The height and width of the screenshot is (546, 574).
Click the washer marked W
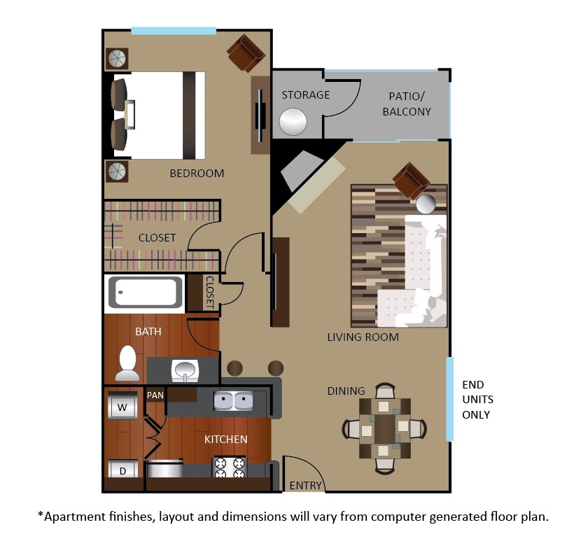(x=122, y=406)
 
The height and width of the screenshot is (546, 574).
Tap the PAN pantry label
(x=155, y=395)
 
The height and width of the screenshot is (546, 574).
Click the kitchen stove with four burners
(x=230, y=468)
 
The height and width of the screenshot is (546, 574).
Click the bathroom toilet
(x=127, y=360)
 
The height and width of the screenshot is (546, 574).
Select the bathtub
(x=146, y=293)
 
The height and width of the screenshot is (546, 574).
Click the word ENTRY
(x=306, y=485)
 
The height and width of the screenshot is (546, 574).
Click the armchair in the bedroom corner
(x=245, y=53)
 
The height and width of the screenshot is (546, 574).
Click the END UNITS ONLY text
(x=477, y=400)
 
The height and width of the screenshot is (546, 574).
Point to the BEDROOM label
(x=197, y=174)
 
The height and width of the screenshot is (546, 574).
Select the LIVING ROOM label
(x=363, y=337)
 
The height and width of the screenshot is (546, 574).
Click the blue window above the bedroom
(x=174, y=31)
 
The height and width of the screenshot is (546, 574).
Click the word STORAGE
(x=305, y=94)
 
